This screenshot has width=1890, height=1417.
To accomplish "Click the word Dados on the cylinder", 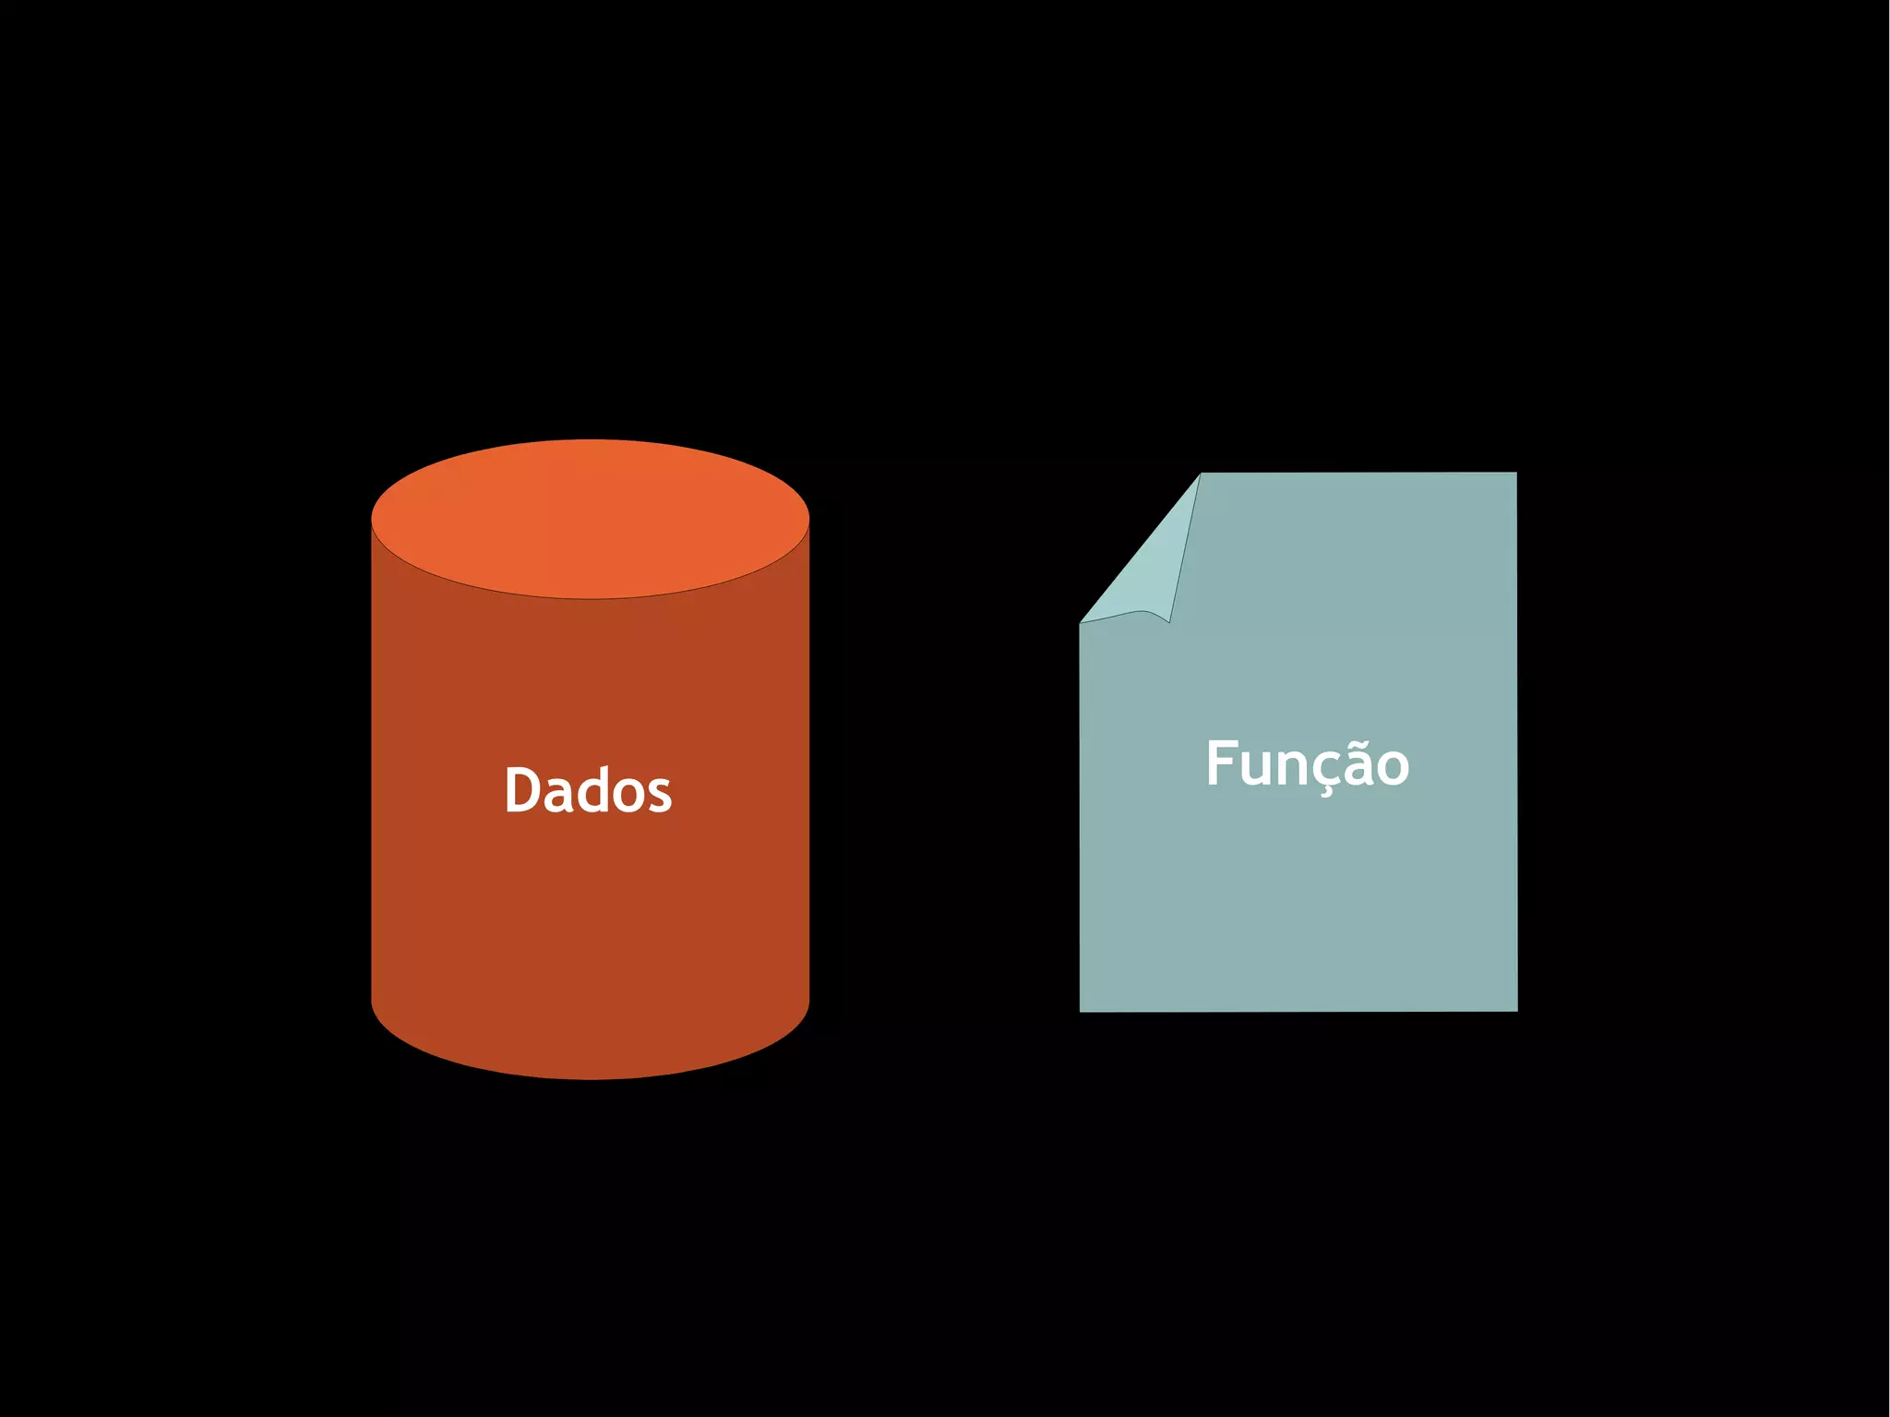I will click(588, 791).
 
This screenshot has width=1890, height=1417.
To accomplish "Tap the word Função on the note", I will click(1307, 764).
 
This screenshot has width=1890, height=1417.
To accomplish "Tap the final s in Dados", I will click(661, 796).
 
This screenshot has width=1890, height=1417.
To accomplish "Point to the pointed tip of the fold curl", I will click(1169, 621).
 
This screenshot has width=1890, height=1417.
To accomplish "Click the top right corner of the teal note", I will click(1515, 474).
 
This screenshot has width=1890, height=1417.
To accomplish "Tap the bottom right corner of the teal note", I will click(1515, 1010).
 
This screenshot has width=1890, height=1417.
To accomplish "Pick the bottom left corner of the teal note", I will click(1082, 1010).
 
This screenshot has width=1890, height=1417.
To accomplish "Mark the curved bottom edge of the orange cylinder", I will click(590, 1076).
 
